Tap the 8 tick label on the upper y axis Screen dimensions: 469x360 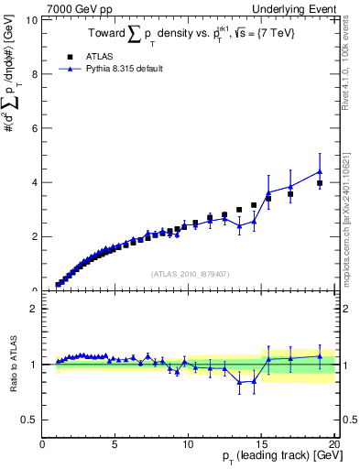(x=35, y=74)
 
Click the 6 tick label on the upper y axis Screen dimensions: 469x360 (x=35, y=128)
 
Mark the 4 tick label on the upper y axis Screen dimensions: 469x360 (x=35, y=182)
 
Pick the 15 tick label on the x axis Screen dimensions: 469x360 (x=261, y=444)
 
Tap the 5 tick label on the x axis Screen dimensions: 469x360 (x=115, y=444)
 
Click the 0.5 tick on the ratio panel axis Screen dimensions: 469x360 (x=29, y=420)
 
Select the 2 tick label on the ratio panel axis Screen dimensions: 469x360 (x=35, y=309)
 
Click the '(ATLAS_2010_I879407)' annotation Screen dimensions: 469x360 (x=190, y=272)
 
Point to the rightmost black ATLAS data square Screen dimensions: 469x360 (x=320, y=183)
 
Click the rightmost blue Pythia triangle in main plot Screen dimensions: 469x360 (x=320, y=171)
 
